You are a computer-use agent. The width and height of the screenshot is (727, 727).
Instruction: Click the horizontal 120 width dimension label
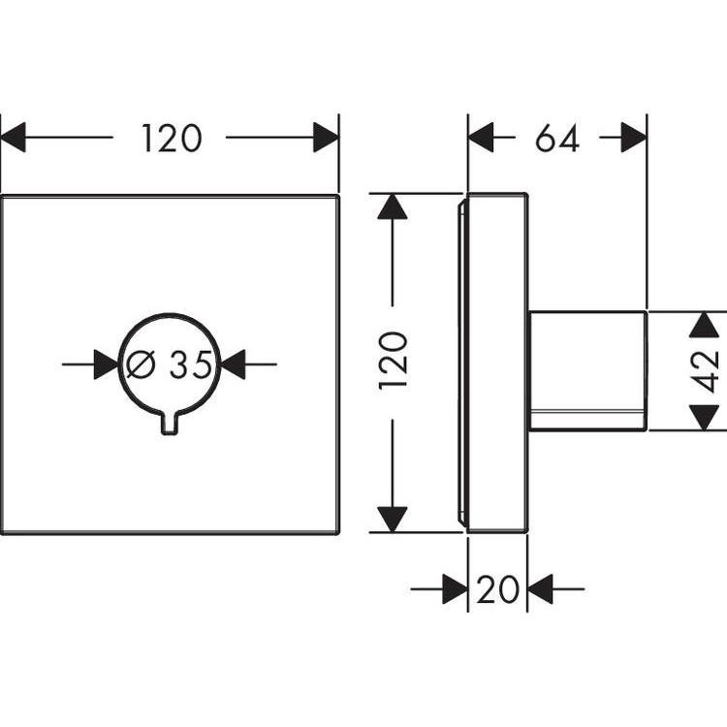tap(172, 139)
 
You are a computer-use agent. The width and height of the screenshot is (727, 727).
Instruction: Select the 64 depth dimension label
tap(556, 139)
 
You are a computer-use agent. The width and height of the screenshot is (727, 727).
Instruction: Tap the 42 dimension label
tap(707, 370)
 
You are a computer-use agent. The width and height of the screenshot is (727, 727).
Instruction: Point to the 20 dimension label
tap(497, 588)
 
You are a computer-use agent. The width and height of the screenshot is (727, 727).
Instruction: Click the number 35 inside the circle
tap(190, 364)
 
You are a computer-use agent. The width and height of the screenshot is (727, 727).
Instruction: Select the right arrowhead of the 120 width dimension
tap(326, 139)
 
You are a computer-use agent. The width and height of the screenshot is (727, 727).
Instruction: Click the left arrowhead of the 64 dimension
tap(481, 139)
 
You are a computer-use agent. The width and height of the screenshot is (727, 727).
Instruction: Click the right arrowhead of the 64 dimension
tap(634, 139)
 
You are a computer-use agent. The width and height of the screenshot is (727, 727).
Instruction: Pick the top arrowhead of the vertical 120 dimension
tap(393, 206)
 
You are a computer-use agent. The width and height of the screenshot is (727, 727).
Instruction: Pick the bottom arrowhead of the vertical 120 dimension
tap(393, 519)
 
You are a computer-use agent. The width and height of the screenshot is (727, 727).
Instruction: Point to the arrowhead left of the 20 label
tap(456, 588)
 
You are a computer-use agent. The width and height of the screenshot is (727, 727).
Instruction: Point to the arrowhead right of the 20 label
tap(540, 588)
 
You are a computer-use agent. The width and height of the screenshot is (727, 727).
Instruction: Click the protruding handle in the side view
tap(586, 370)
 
